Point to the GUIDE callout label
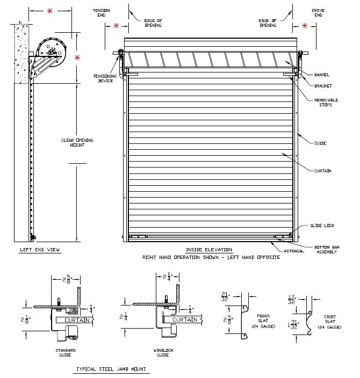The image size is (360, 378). pos(320,143)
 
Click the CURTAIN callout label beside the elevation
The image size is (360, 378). pos(322,170)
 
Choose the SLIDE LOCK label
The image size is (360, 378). pos(323,226)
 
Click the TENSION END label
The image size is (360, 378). pos(100,12)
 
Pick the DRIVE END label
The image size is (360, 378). pos(319,12)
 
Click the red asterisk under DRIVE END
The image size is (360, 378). pos(305,26)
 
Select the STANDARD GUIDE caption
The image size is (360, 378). pos(66,353)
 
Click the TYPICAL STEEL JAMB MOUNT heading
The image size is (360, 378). pos(111,370)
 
